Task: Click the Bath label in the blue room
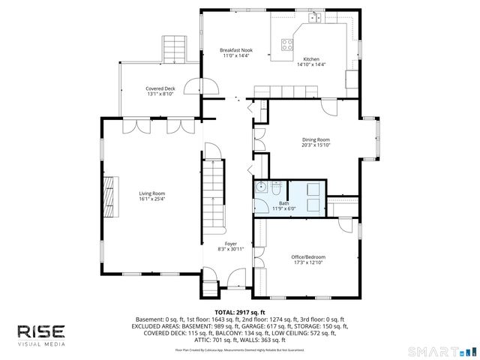[283, 203]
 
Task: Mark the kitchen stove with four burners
[288, 43]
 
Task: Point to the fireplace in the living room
[111, 196]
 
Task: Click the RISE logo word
[41, 331]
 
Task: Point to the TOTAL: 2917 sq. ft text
[240, 311]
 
